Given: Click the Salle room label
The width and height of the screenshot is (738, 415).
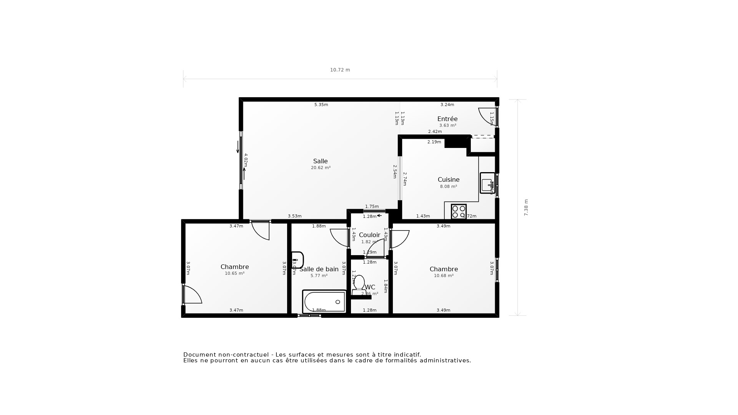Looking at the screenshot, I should (320, 161).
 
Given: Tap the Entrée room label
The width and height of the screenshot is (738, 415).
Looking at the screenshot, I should (447, 119).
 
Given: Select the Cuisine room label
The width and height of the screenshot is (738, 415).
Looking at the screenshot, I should (449, 180).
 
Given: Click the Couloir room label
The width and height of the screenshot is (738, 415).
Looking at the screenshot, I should (369, 235).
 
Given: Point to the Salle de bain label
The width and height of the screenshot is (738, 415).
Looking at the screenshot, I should (319, 269).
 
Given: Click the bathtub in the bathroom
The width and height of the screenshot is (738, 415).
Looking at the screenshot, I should (324, 302).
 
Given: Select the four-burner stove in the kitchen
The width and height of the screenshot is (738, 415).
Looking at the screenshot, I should (459, 212).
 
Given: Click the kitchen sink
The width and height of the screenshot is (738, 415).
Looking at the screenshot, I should (487, 183).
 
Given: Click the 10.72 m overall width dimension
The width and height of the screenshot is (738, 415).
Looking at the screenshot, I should (340, 70).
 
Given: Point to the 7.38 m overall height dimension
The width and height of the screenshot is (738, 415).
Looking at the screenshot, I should (526, 207).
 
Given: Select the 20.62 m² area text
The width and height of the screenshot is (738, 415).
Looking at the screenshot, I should (321, 168).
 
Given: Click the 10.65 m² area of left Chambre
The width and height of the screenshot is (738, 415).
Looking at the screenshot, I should (234, 274).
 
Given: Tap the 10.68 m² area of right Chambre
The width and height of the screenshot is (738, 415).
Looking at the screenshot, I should (444, 276).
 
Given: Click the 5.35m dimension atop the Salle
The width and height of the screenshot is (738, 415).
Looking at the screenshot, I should (321, 105).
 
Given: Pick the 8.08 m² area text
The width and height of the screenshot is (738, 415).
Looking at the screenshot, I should (448, 187).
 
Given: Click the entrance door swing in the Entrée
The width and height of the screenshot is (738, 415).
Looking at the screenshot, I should (486, 116).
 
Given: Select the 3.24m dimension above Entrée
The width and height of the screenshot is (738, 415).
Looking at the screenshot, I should (447, 105).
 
